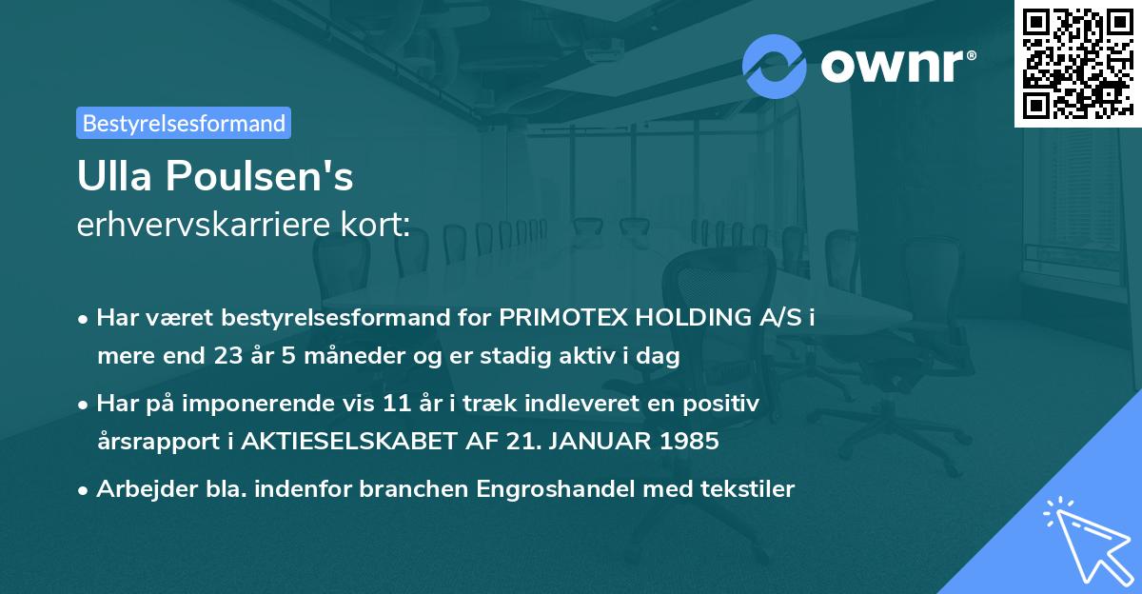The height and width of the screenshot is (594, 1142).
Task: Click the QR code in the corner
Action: (1077, 63)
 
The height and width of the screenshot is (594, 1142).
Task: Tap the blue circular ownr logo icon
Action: (775, 66)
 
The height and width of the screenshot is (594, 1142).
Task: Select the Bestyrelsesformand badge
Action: (184, 123)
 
